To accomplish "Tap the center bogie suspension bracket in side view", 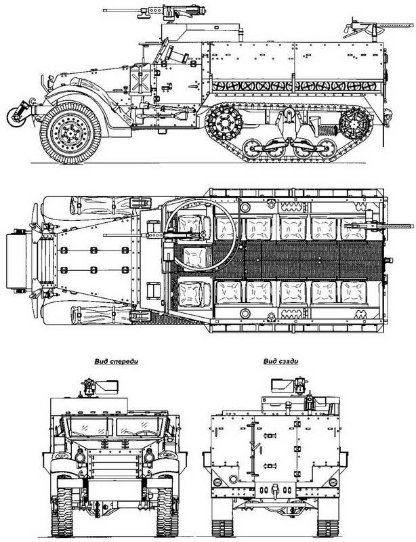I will pyautogui.click(x=288, y=129).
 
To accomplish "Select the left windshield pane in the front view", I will pyautogui.click(x=88, y=428).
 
